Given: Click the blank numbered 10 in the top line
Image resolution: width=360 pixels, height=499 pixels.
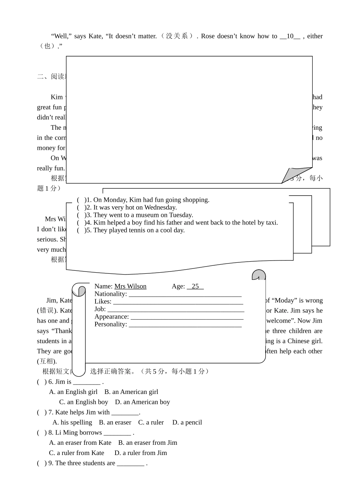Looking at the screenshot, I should point(290,36).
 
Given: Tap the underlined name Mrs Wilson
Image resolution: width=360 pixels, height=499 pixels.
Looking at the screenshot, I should point(130,286).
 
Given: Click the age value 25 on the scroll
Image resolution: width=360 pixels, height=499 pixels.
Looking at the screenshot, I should point(195,286).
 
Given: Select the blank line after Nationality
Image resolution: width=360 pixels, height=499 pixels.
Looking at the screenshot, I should point(185,295).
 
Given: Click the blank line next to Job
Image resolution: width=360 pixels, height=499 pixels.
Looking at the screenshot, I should point(175,310).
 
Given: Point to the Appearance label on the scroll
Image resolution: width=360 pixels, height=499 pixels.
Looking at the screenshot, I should point(111,317).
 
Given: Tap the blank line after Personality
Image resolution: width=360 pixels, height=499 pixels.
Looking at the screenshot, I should point(185,325).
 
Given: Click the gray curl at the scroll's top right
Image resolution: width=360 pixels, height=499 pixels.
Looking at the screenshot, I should point(259,275).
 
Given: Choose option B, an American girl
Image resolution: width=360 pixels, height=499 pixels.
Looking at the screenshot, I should point(131,392).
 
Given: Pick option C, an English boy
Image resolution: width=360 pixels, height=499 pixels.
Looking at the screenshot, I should point(84,402).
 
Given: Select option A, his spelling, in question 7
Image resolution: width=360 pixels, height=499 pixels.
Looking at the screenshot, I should point(72,422).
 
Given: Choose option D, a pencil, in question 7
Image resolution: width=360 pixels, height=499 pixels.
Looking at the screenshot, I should point(187,422).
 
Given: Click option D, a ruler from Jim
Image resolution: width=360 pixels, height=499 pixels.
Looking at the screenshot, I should point(141,453).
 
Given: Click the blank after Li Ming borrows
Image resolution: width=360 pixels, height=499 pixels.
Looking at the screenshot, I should point(117,433).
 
